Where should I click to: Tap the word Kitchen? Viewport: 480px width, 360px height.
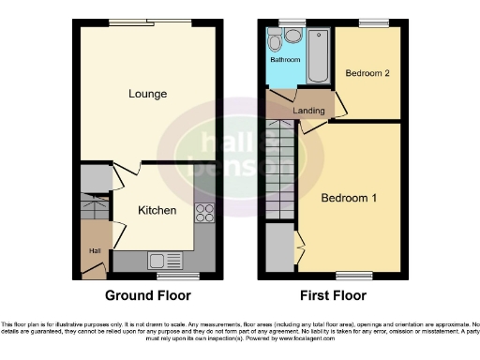tap(157, 210)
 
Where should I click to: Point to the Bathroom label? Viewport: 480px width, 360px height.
tap(285, 60)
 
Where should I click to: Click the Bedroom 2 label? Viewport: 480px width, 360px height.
tap(367, 73)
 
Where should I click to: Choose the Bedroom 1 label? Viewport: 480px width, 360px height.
tap(350, 199)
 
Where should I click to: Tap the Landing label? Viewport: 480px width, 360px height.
tap(308, 112)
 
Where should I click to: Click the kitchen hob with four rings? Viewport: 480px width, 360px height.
tap(203, 212)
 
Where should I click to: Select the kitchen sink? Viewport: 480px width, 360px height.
tap(157, 262)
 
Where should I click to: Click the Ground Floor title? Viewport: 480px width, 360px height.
tap(147, 295)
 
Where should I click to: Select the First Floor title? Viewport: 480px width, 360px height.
tap(332, 295)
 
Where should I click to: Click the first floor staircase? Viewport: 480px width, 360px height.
tap(279, 170)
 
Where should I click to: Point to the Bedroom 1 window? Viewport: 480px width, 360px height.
tap(352, 275)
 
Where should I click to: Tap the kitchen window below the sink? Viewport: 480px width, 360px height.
tap(171, 277)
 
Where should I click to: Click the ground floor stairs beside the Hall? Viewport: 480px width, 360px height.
tap(94, 207)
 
